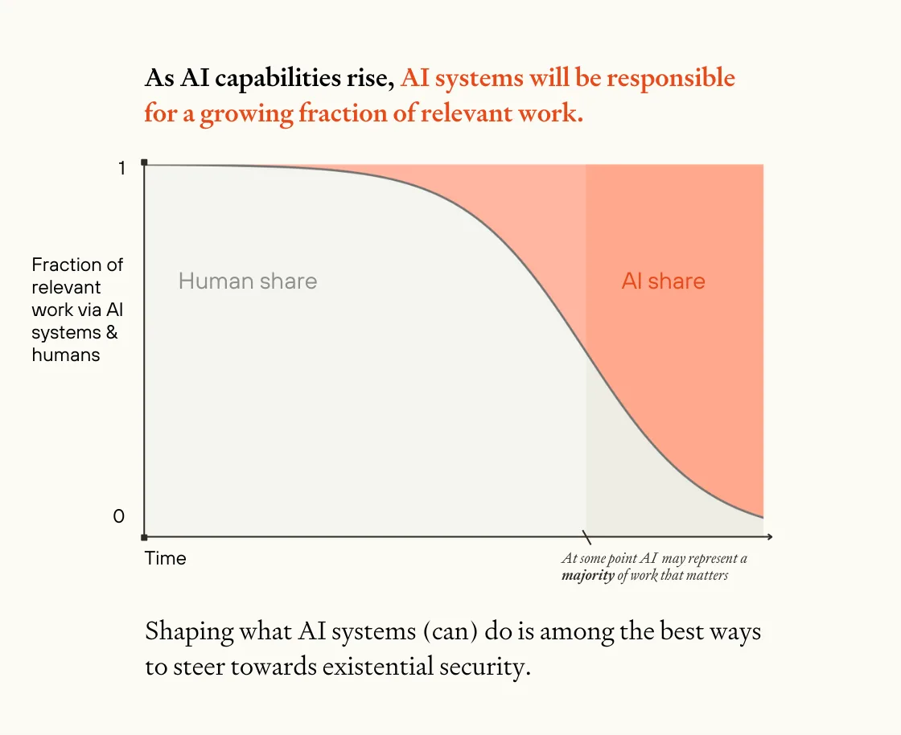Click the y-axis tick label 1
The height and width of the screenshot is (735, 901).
pos(121,168)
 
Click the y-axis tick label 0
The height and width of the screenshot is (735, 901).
pos(119,516)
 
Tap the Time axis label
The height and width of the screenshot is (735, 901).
pos(166,558)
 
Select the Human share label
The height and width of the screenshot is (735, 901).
pos(248,281)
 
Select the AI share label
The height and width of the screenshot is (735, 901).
pos(663,281)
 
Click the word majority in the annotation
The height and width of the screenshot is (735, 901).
pos(587,576)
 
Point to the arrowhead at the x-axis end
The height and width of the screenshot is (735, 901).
pos(770,536)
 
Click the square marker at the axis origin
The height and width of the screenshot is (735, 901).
pos(144,536)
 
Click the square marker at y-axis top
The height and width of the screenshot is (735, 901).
pos(144,163)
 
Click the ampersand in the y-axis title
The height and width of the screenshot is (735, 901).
pos(112,332)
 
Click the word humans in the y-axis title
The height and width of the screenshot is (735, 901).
pos(66,355)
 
